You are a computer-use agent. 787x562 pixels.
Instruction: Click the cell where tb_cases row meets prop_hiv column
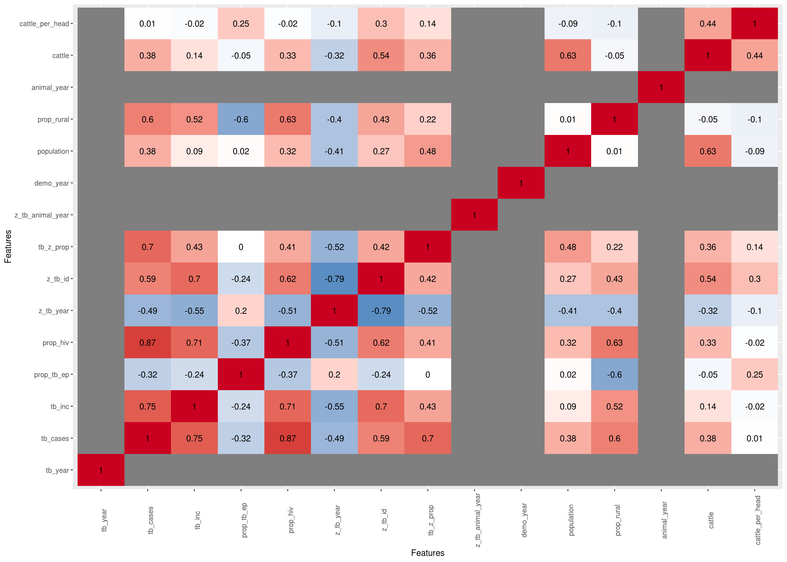(x=288, y=438)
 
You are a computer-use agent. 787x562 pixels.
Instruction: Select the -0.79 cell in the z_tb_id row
(x=334, y=279)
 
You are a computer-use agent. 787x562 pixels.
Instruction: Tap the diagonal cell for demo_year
(x=521, y=183)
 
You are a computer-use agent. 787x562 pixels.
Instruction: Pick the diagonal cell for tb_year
(x=101, y=470)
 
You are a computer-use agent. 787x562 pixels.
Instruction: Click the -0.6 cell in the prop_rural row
(x=241, y=119)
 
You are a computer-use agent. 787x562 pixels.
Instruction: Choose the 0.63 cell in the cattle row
(x=568, y=55)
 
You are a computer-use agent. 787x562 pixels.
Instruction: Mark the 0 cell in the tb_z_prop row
(x=241, y=247)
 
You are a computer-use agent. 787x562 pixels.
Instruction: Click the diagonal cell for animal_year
(x=661, y=87)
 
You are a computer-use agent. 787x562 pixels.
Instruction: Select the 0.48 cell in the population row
(x=427, y=151)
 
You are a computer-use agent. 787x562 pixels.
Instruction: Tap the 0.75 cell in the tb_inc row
(x=148, y=406)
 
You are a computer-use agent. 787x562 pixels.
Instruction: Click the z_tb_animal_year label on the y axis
(x=42, y=215)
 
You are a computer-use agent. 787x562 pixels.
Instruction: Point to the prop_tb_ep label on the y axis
(x=52, y=374)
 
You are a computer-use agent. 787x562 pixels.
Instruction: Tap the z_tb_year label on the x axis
(x=338, y=520)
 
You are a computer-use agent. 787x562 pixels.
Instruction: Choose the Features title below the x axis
(x=427, y=553)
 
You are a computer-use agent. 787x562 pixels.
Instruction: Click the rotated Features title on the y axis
(x=8, y=246)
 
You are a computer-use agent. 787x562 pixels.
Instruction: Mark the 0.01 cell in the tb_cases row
(x=755, y=438)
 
